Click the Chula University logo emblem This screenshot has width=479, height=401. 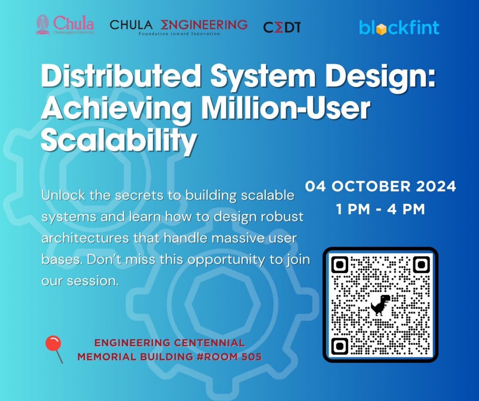43,25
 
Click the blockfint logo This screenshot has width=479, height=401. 399,28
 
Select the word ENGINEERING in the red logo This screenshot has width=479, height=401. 204,24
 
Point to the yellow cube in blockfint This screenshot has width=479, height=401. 381,29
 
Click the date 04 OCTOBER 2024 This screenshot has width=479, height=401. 381,186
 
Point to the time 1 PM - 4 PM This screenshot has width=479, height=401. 381,209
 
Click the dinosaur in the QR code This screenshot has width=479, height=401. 380,305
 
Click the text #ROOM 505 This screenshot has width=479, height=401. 229,357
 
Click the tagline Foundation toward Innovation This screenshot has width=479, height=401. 179,34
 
